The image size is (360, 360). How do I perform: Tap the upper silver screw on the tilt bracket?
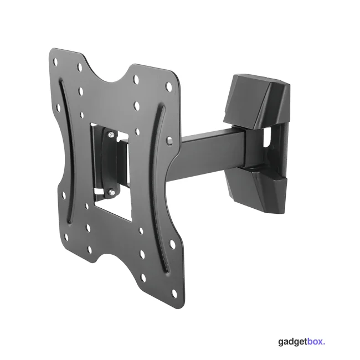point(111,135)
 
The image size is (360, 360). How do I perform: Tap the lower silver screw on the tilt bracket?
point(111,191)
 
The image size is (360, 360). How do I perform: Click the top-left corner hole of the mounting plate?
point(55,61)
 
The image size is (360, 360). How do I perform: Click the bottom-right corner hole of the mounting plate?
point(174,293)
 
